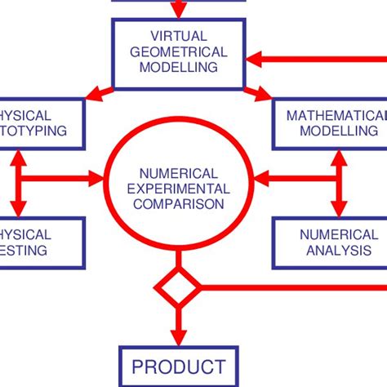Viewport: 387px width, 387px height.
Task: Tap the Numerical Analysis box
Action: [326, 242]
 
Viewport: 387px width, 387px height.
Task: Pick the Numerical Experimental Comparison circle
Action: [179, 189]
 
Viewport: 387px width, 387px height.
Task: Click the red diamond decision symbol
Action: [178, 287]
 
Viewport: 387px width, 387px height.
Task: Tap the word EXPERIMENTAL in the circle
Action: [179, 189]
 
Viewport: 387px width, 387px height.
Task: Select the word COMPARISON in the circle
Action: [179, 203]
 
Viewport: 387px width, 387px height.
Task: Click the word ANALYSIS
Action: [326, 250]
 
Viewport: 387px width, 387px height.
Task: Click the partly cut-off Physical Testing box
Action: [41, 242]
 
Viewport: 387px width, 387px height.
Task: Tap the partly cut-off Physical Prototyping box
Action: [41, 122]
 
